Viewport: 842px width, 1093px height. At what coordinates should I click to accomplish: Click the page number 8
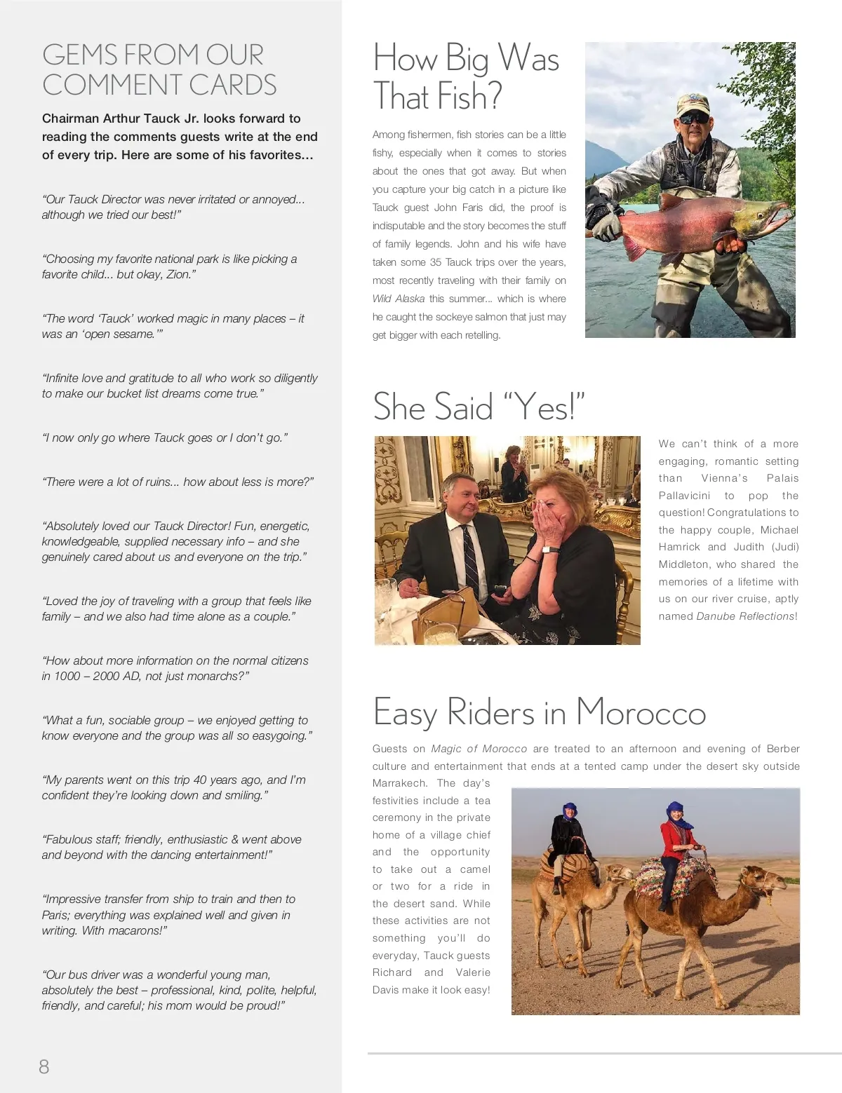tap(44, 1066)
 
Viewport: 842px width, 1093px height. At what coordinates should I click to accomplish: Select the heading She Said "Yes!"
tap(479, 407)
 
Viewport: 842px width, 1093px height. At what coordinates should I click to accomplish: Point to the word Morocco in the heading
tap(641, 712)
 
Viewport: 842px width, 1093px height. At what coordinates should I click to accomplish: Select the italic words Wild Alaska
tap(399, 299)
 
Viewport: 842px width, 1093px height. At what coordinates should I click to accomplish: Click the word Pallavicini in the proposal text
tap(684, 496)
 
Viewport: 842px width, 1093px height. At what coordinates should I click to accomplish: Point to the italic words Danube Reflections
tap(745, 616)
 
